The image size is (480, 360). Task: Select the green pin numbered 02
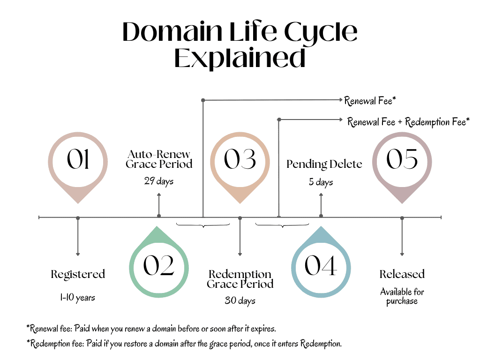click(159, 266)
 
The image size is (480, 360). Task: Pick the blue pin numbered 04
click(321, 266)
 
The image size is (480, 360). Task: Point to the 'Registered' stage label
click(78, 274)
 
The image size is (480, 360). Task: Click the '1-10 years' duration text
click(78, 298)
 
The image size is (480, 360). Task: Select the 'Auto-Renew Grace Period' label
click(159, 159)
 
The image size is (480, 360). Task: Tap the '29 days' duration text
click(159, 181)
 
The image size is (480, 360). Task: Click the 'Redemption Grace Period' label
click(240, 279)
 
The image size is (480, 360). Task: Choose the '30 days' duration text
click(240, 300)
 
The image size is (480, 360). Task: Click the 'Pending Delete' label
click(324, 164)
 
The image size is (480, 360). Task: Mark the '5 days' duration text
click(321, 182)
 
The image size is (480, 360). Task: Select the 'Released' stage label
click(402, 274)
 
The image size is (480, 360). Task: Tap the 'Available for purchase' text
click(402, 296)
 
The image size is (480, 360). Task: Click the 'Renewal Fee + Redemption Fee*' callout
click(408, 122)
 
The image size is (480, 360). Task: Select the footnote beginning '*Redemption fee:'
click(184, 344)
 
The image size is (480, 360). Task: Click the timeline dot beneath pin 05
click(402, 217)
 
